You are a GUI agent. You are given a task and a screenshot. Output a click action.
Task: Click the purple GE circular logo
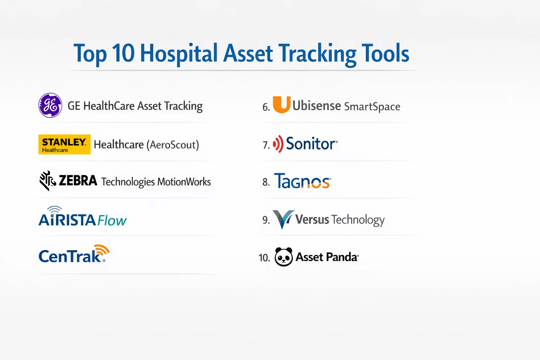(x=50, y=105)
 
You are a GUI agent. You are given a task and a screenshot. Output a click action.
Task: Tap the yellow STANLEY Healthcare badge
(x=64, y=144)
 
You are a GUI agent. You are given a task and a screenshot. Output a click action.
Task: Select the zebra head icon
(x=47, y=181)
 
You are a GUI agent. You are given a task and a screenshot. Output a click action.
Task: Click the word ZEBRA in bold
(x=78, y=181)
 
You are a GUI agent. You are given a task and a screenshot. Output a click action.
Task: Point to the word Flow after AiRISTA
(x=112, y=220)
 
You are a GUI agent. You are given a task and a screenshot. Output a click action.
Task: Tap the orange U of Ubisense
(x=281, y=105)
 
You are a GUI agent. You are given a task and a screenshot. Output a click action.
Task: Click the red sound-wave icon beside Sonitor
(x=278, y=144)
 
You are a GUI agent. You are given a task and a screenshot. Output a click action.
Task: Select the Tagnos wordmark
(x=303, y=181)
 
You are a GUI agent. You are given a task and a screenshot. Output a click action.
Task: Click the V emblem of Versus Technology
(x=283, y=219)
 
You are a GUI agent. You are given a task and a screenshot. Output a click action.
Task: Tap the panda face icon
(x=284, y=257)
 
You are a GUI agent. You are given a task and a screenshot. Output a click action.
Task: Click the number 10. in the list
(x=264, y=258)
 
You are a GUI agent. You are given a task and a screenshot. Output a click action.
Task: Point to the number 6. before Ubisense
(x=266, y=107)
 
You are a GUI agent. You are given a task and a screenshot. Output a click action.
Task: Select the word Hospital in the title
(x=179, y=53)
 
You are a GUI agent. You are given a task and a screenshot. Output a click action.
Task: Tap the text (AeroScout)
(x=173, y=145)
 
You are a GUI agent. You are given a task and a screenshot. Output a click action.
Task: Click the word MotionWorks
(x=184, y=182)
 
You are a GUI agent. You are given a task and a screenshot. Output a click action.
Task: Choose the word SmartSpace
(x=372, y=107)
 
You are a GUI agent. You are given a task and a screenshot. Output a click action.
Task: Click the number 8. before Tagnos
(x=266, y=182)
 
